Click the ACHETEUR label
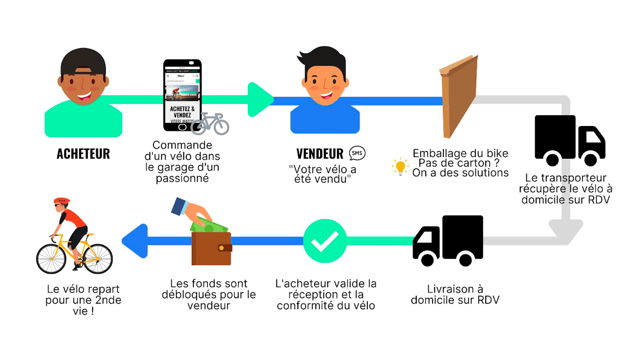point(83,153)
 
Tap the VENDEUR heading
point(320,153)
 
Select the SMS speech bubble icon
point(357,153)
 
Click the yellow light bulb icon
point(400,166)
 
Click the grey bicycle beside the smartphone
point(210,124)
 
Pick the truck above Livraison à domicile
point(448,240)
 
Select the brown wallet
point(211,248)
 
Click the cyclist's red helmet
point(62,201)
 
